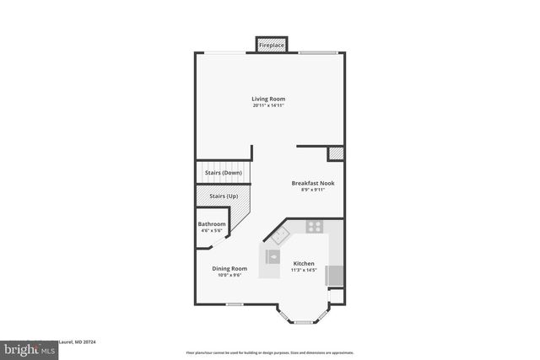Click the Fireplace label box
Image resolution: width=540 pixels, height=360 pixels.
pos(271,45)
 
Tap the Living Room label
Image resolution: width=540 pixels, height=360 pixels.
pos(268,99)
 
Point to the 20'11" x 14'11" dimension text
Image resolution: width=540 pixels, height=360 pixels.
pos(268,106)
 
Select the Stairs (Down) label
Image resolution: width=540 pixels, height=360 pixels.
pos(224,172)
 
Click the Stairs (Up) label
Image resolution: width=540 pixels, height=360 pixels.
pos(223,197)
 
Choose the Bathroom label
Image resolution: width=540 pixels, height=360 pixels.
pos(212,224)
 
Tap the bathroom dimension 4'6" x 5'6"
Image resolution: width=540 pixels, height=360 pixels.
pos(212,231)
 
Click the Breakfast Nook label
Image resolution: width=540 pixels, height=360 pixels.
pos(313,183)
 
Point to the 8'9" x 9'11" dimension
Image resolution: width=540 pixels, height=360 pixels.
pos(313,190)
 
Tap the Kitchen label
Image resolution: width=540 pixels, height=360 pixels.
pos(304,263)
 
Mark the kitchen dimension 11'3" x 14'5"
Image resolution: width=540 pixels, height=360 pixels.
pos(304,270)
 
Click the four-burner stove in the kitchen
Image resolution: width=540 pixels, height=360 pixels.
pos(315,227)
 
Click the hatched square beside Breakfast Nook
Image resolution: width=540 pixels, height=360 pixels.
pos(336,154)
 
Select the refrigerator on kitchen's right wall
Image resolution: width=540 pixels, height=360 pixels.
pos(335,276)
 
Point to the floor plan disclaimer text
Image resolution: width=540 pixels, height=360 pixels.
pos(270,352)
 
